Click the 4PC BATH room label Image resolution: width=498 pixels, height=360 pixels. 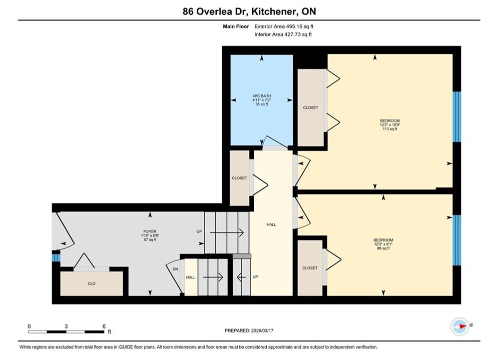coord(262,96)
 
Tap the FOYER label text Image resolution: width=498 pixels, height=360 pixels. coord(150,231)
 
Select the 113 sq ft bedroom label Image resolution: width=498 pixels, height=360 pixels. coord(390,124)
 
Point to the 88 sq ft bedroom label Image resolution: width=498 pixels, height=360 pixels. coord(383,244)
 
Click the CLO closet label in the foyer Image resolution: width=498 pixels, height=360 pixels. coord(92,283)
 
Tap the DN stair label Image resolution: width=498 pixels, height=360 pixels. coord(175,269)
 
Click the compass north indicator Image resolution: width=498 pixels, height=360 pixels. coord(460,326)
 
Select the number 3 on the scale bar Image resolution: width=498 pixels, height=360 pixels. coord(66,326)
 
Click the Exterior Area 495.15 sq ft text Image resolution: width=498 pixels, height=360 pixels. coord(284,26)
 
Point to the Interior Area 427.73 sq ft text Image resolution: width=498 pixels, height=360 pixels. coord(283,34)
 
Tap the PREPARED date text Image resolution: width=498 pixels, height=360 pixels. coord(249,330)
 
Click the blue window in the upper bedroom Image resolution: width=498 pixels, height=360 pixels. coord(457,116)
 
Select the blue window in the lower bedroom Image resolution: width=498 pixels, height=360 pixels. coord(457,240)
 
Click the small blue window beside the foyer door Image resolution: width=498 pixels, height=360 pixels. coord(56,256)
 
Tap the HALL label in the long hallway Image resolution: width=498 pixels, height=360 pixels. coord(271,224)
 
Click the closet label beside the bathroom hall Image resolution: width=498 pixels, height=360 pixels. coord(239,178)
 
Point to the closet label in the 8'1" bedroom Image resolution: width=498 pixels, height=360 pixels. coord(310,268)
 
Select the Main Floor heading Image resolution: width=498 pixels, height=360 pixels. coord(236,26)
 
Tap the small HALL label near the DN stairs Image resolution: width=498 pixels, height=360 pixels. coord(191,277)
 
